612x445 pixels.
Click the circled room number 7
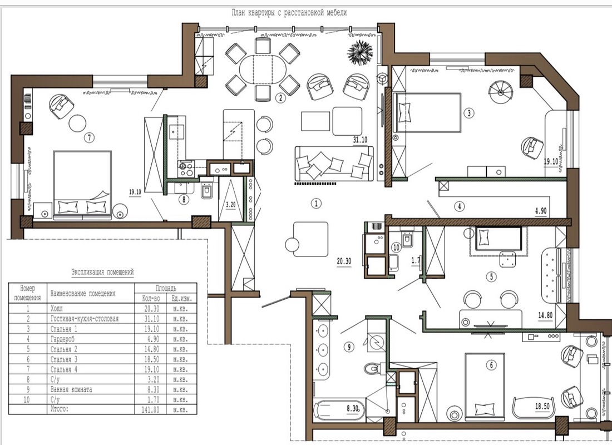click(x=90, y=137)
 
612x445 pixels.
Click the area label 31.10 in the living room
click(x=360, y=140)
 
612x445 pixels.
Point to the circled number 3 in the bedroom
click(x=469, y=113)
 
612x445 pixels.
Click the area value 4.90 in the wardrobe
click(x=541, y=211)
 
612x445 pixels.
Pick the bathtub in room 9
click(x=339, y=410)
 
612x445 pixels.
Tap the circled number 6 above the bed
click(x=491, y=365)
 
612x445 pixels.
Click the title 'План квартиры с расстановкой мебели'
click(x=289, y=12)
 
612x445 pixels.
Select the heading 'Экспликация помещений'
click(x=103, y=272)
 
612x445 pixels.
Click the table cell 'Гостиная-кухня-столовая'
click(x=85, y=319)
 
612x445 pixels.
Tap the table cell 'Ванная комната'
click(x=71, y=389)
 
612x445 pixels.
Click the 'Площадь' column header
click(x=166, y=289)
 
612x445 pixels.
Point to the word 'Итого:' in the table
click(x=60, y=409)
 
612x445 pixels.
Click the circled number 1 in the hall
click(x=316, y=204)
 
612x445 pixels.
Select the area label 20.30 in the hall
click(x=344, y=261)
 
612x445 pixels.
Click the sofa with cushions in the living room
click(x=334, y=164)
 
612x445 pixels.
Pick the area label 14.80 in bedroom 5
click(x=545, y=315)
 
